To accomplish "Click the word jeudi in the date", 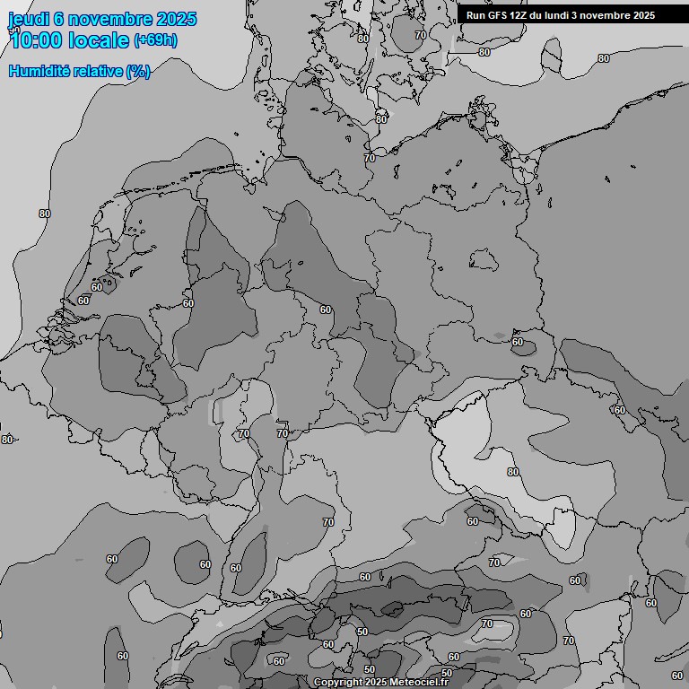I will (29, 19).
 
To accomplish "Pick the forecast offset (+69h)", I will (154, 40).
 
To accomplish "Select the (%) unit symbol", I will (138, 71).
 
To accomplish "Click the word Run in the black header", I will (476, 15).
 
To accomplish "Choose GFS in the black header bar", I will (499, 15).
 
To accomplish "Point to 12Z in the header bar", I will (522, 15).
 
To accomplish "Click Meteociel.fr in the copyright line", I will (419, 683).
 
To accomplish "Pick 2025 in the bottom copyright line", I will (377, 683).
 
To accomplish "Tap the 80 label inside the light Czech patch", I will (513, 472).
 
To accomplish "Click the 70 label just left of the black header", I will (421, 35).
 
